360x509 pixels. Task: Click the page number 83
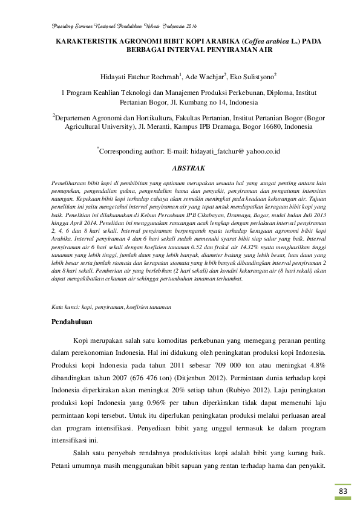(343, 491)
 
